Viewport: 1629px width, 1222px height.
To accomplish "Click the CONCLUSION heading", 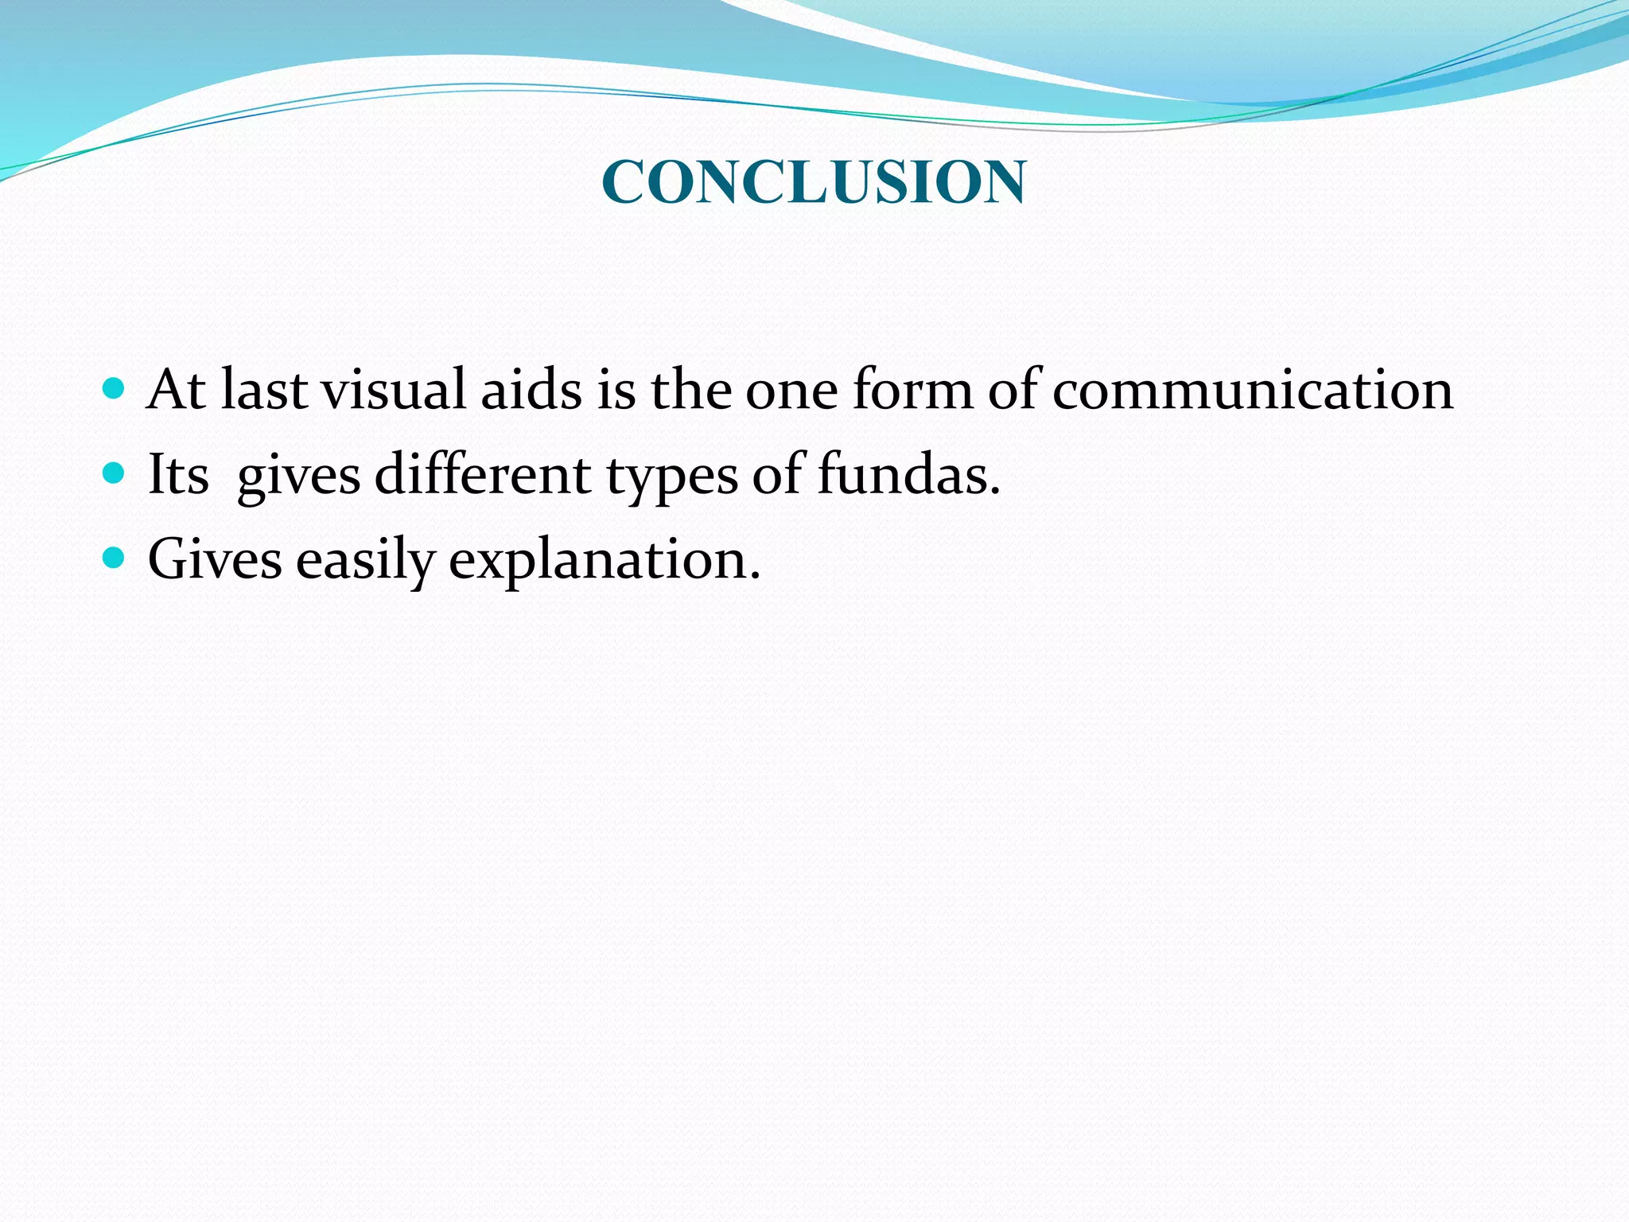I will click(814, 182).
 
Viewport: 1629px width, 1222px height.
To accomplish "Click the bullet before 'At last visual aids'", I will click(115, 388).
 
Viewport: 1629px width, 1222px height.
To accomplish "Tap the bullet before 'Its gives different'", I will click(115, 473).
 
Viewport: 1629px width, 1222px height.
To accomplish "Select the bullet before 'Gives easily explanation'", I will click(115, 558).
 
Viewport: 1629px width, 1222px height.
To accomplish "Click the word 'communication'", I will click(1252, 390).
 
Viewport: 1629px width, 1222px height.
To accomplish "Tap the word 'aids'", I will click(531, 390).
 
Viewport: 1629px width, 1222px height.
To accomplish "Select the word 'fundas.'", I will click(908, 475).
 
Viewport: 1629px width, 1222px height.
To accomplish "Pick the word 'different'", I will click(482, 475).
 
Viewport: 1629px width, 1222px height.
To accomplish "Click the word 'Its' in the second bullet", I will click(178, 475).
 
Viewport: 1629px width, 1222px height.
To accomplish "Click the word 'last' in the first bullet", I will click(264, 390).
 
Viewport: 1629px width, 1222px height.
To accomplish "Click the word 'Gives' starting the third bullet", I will click(215, 559).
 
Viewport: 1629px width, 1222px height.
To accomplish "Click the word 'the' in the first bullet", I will click(690, 390).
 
